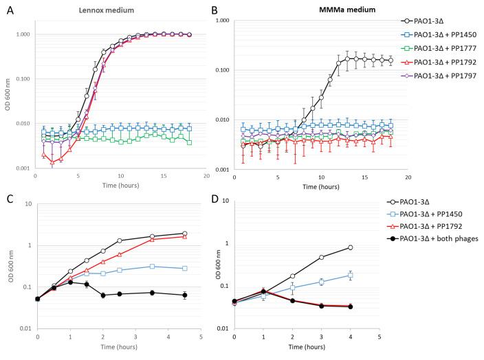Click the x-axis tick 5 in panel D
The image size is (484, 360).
379,337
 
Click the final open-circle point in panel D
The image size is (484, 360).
350,247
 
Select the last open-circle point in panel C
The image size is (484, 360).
184,234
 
